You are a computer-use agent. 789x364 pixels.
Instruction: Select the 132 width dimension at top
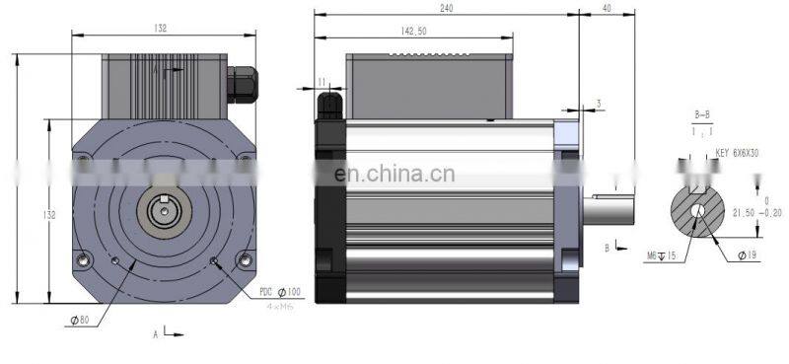pyautogui.click(x=161, y=28)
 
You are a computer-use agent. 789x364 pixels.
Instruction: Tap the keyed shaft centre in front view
pyautogui.click(x=163, y=209)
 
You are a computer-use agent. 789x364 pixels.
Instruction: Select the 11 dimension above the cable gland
pyautogui.click(x=323, y=81)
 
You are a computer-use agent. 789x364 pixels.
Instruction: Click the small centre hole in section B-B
pyautogui.click(x=698, y=209)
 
